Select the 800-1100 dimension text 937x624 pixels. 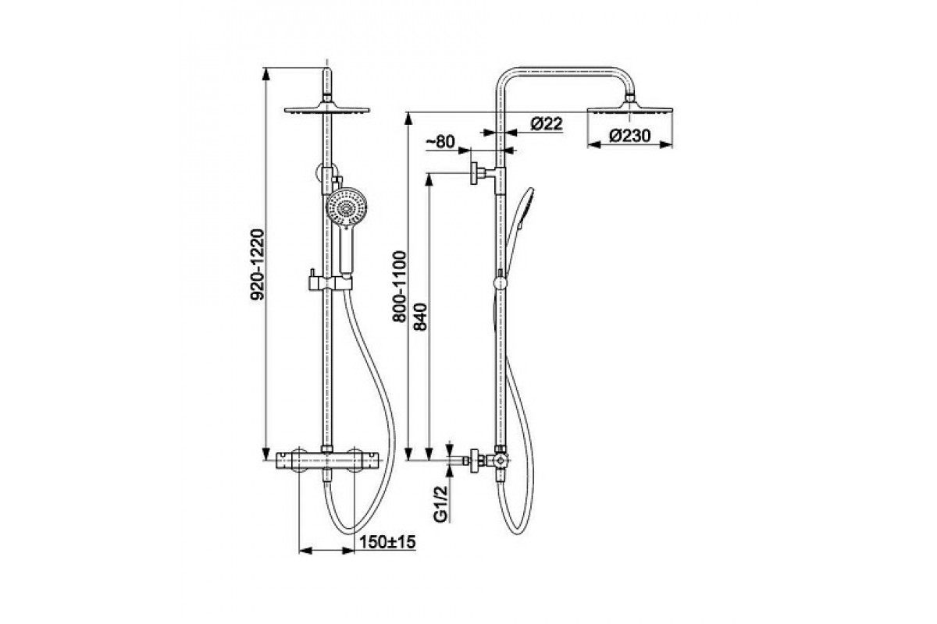pyautogui.click(x=399, y=286)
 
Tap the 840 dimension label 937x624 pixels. pyautogui.click(x=419, y=317)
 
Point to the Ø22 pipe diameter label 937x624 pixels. pyautogui.click(x=547, y=124)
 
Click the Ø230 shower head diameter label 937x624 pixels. pyautogui.click(x=630, y=136)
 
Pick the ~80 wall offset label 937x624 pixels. pyautogui.click(x=440, y=142)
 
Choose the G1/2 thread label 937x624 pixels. pyautogui.click(x=441, y=504)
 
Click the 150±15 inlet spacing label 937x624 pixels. pyautogui.click(x=387, y=542)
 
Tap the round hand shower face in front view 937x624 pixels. pyautogui.click(x=347, y=207)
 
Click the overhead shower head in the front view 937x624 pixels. pyautogui.click(x=326, y=110)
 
